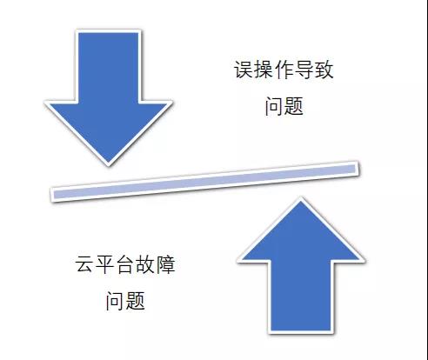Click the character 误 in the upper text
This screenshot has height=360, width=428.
coord(244,70)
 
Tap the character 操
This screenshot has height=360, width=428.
coord(264,70)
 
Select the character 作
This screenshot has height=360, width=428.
coord(284,70)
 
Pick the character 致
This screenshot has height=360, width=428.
coord(324,70)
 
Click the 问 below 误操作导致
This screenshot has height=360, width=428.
coord(274,106)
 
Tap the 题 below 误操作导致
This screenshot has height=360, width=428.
coord(294,106)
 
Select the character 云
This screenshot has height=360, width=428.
coord(85,264)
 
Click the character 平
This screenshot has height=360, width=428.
coord(105,264)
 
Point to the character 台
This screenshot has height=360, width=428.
coord(125,264)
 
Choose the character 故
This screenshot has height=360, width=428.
coord(145,264)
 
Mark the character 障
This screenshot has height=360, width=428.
coord(165,264)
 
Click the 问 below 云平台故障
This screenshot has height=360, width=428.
coord(115,301)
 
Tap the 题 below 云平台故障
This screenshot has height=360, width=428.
coord(135,301)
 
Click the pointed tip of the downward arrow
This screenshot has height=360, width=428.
coord(109,164)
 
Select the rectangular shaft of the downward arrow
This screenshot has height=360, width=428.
coord(109,66)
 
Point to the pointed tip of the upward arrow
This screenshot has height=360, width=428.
coord(301,199)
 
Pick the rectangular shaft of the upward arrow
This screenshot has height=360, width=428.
coord(301,297)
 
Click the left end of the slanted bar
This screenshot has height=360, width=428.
coord(53,195)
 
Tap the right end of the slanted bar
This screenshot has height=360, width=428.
coord(357,169)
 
